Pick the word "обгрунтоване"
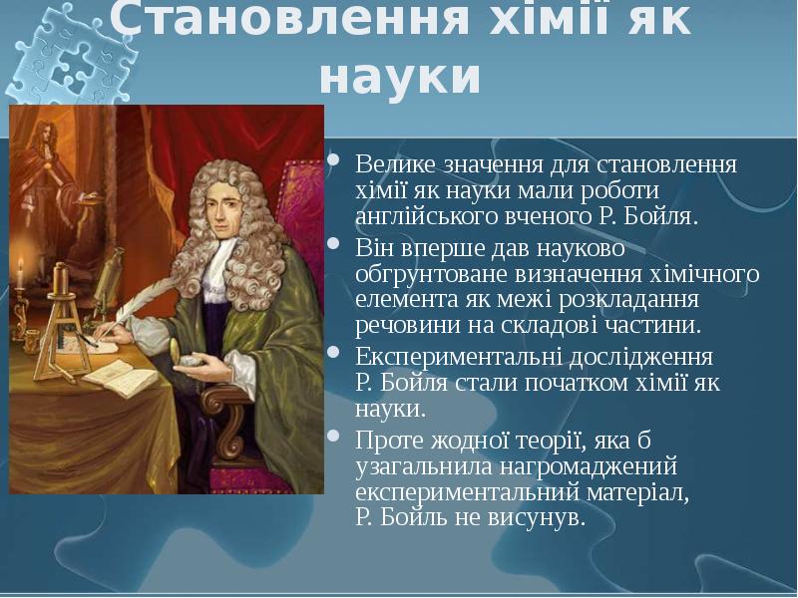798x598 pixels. tap(419, 273)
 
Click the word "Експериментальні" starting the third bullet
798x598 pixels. tap(444, 357)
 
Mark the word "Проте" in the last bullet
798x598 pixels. tap(384, 440)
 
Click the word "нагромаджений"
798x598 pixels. tap(579, 465)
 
